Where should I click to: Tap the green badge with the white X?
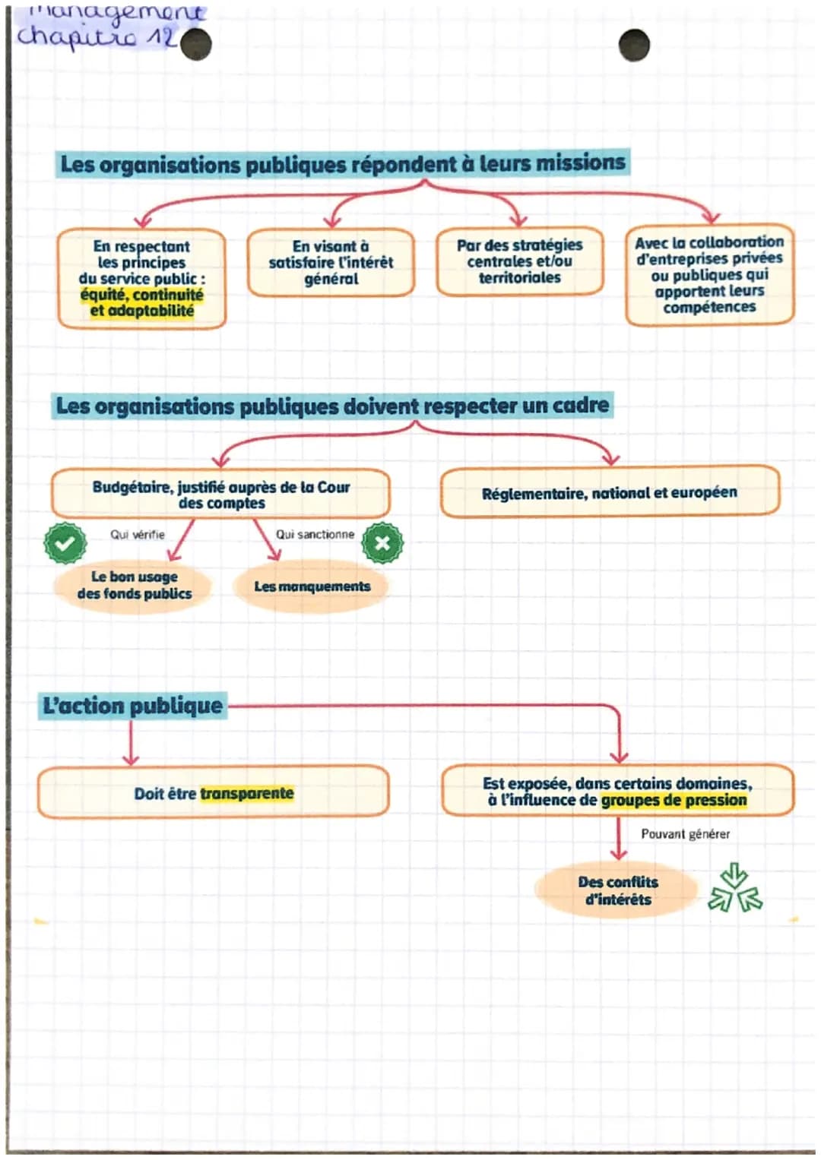382,542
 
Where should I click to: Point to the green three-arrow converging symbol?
734,888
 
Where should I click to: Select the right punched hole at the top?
634,46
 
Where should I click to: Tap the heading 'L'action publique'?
133,706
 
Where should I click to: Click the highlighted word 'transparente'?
246,793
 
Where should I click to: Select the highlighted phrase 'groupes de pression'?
674,800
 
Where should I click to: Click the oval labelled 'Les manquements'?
312,586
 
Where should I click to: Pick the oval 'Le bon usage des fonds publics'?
135,585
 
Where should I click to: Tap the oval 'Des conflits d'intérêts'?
617,890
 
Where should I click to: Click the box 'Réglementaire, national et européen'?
610,492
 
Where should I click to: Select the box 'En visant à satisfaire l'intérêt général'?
331,263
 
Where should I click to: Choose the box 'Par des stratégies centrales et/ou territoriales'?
520,261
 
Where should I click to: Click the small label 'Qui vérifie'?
138,535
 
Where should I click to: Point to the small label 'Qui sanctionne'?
315,534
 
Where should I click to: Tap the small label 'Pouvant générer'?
685,834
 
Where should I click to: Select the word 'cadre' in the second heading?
580,405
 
